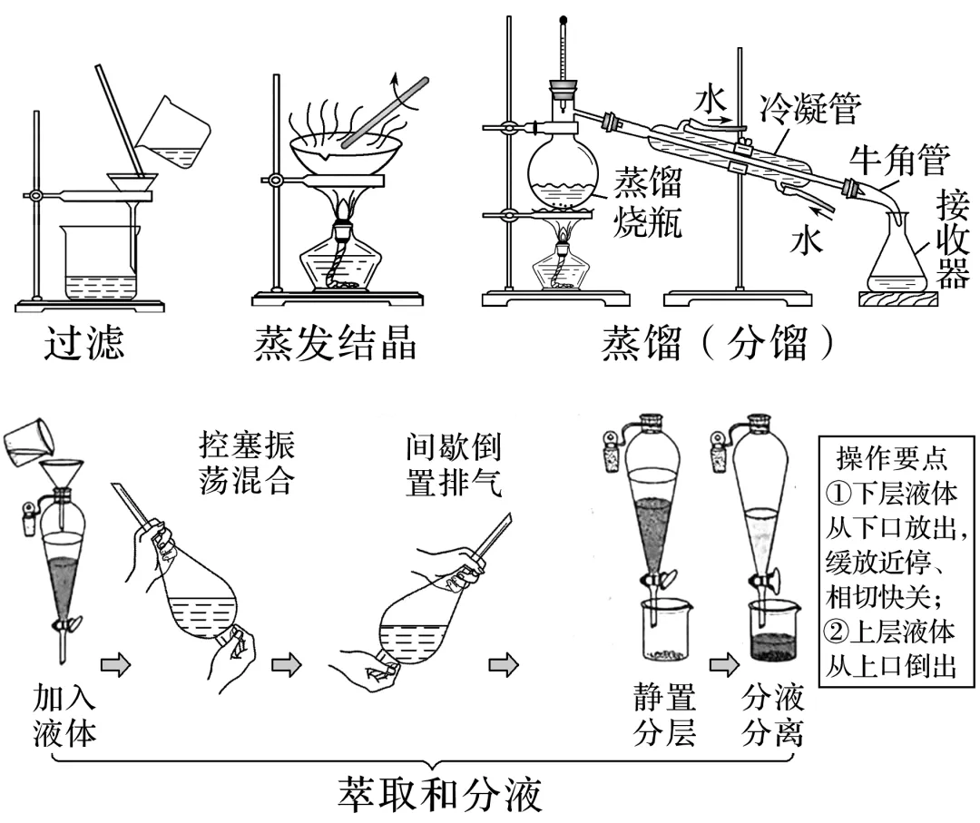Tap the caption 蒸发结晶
tap(336, 347)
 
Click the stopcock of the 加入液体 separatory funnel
tap(65, 624)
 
